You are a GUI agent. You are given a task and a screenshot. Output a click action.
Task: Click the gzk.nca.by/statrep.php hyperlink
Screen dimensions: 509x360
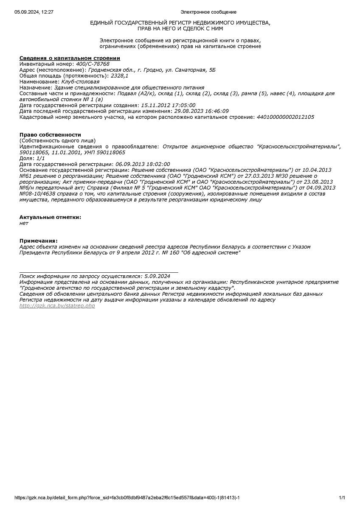click(x=57, y=306)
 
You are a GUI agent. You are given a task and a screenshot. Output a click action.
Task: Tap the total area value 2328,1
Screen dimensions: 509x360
click(x=119, y=76)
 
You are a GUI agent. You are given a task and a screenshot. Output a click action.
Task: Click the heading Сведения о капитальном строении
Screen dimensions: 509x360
click(x=70, y=58)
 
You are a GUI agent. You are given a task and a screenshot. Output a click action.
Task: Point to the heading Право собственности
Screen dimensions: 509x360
click(x=50, y=134)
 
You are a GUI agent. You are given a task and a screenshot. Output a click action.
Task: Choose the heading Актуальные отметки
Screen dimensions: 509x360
click(x=50, y=217)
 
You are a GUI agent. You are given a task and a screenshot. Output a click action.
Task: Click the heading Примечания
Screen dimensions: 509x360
click(x=38, y=241)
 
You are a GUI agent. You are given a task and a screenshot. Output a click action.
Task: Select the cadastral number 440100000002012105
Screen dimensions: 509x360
click(x=285, y=117)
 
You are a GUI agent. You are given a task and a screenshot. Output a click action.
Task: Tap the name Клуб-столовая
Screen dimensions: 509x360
click(x=80, y=82)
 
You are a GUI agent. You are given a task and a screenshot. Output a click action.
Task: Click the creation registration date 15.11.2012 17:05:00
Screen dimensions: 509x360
click(x=168, y=105)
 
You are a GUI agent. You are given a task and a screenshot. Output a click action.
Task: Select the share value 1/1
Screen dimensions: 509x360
click(x=40, y=158)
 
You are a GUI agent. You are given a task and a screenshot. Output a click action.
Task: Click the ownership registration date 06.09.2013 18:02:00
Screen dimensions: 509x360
click(x=143, y=164)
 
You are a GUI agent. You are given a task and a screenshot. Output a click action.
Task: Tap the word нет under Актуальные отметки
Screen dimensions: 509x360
click(x=24, y=223)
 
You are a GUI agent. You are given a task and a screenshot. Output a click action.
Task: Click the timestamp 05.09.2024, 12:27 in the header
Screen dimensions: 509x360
click(x=34, y=12)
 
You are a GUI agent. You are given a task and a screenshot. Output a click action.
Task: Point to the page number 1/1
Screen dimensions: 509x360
click(x=342, y=498)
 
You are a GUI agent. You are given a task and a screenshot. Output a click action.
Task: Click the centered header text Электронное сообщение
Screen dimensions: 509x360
click(x=208, y=12)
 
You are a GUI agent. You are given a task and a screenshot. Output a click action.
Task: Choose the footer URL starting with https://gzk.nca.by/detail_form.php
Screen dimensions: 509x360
click(x=127, y=498)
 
